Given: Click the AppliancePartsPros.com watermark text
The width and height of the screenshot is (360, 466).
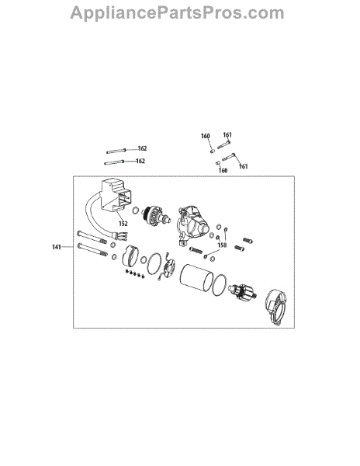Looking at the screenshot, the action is point(177,13).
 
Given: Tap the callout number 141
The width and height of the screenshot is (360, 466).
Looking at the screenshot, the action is point(57,247).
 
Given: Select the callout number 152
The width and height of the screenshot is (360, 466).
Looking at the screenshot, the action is point(123,224).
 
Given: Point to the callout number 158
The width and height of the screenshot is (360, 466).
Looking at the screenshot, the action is point(222,245).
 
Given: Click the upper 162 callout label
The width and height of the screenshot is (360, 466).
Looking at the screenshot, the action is point(143,148).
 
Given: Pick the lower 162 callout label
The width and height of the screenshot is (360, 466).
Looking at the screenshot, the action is point(140,161).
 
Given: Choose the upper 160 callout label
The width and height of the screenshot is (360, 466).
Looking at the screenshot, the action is point(206,136).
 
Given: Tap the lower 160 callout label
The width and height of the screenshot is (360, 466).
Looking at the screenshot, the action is point(223,170).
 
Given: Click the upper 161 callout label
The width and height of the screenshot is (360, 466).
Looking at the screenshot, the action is point(227,135).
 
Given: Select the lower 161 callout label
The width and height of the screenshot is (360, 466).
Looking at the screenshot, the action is point(243,166).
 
